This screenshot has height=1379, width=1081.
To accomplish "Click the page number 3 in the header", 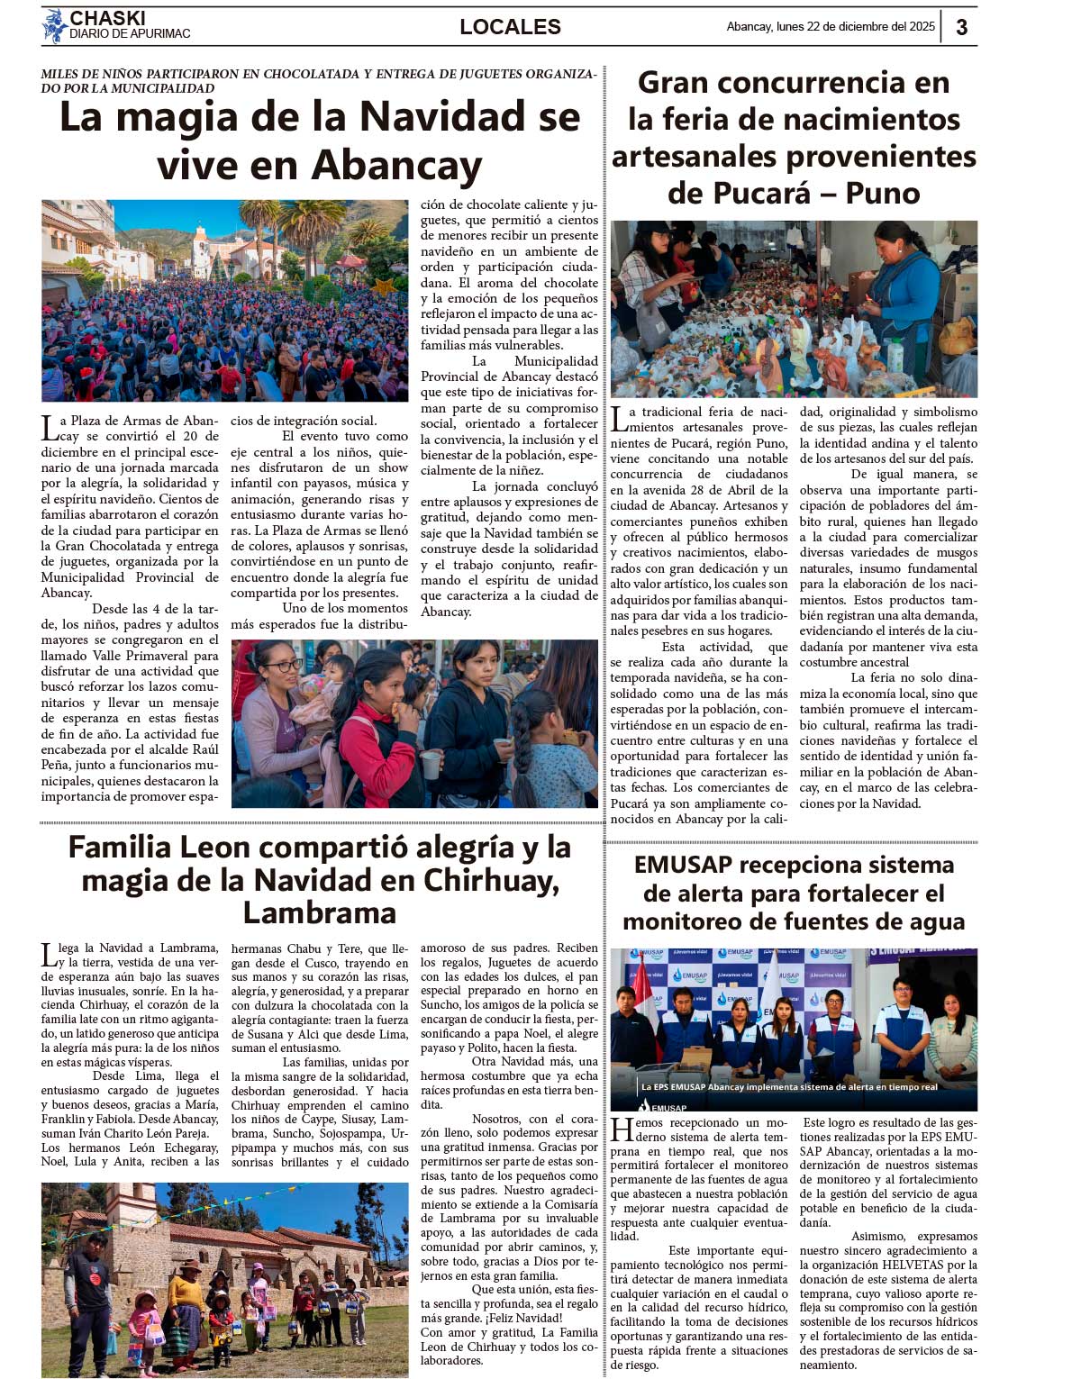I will pos(961,27).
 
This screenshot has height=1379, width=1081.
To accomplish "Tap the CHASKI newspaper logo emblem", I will pos(54,26).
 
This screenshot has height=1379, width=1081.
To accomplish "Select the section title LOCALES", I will pos(510,27).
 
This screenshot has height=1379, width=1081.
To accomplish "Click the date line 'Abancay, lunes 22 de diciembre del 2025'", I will pos(830,27).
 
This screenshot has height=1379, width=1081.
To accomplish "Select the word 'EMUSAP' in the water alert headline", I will pos(683,865).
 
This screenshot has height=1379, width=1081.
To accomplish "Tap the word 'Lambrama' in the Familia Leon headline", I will pos(320,912).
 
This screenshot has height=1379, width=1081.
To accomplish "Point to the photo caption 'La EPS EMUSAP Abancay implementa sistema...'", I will pos(789,1086).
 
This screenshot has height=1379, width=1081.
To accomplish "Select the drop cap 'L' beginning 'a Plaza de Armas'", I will pos(50,428).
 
